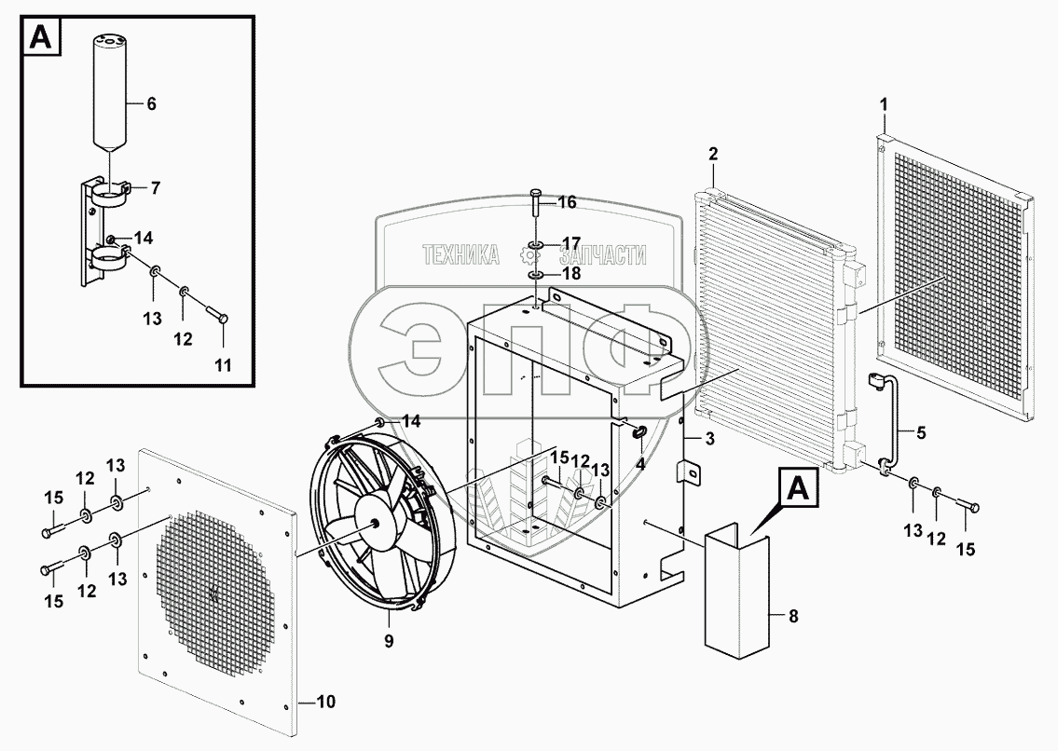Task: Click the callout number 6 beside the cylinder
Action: pos(151,104)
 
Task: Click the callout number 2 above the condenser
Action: pos(712,153)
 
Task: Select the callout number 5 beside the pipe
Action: pos(921,431)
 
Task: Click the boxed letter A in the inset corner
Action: pos(41,37)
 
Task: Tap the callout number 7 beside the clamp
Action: pos(155,188)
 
